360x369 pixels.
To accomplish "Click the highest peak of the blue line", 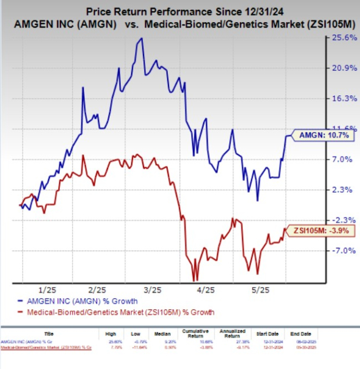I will point(141,39).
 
